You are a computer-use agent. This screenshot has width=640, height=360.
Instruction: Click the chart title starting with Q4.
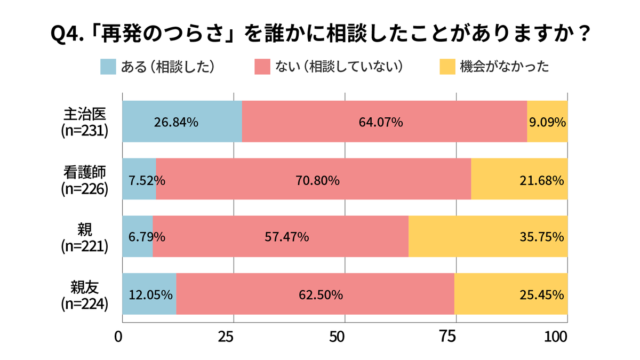320,35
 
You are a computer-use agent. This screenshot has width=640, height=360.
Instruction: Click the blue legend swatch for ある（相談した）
108,67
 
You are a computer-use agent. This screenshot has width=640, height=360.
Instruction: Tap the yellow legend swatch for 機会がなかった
447,67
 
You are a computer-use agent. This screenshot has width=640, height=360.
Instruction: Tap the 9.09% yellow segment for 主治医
547,122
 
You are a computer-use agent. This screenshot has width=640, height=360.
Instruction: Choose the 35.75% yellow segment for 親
487,236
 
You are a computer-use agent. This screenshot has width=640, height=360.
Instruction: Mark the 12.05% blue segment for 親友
149,294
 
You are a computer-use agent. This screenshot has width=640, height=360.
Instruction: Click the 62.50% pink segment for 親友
315,294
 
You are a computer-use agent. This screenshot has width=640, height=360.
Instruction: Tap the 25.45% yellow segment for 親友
510,294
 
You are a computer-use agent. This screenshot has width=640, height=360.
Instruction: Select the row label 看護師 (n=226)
85,179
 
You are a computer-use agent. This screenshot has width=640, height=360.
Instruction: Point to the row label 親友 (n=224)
85,294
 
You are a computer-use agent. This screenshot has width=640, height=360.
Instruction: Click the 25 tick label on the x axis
227,338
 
